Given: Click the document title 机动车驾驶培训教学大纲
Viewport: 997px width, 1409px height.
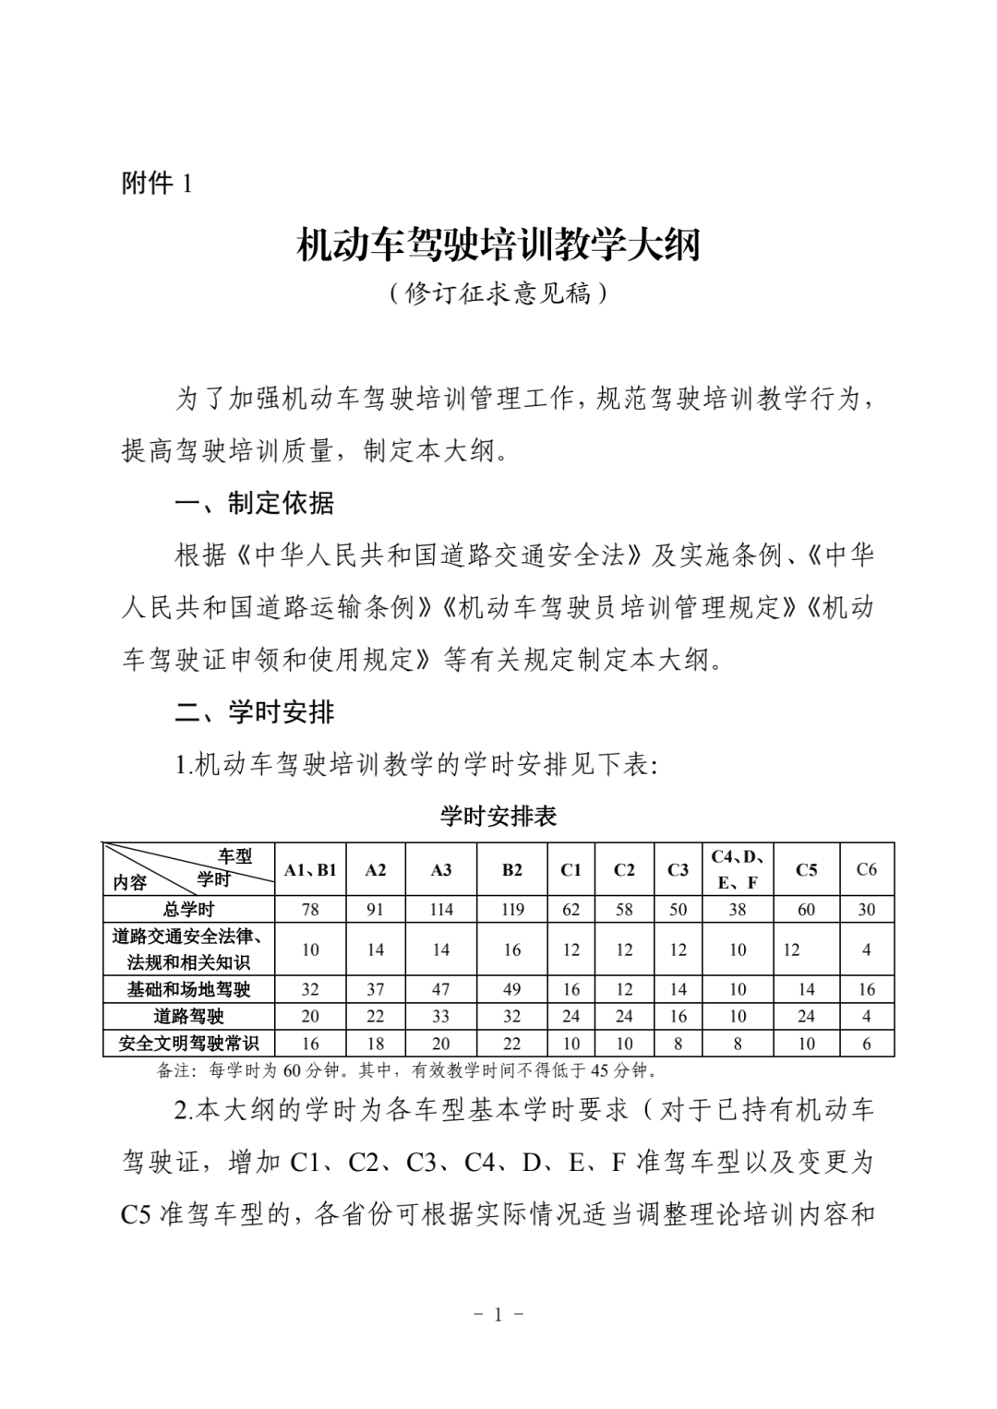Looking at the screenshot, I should (498, 245).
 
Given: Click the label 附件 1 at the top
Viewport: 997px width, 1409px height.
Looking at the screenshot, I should (157, 184).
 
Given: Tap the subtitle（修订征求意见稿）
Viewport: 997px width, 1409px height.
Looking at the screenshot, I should (498, 293).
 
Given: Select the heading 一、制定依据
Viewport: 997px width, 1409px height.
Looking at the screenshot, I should (255, 504).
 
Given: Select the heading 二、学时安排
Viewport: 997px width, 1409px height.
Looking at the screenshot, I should (255, 712).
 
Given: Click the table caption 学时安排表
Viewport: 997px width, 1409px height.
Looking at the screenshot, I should (498, 817).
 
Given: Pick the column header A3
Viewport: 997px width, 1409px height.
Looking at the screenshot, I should (441, 869).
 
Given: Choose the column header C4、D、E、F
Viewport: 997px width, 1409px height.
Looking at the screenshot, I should (738, 869).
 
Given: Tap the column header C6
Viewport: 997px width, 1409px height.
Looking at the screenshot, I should (866, 869).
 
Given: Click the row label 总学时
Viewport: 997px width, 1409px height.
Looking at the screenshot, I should (188, 909).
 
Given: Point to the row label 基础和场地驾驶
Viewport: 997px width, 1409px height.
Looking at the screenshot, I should (188, 989).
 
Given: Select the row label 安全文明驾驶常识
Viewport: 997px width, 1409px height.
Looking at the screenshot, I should (188, 1044).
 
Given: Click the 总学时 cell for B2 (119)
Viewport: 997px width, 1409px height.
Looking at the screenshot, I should (512, 909).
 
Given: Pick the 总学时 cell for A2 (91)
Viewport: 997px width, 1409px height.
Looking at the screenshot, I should (375, 909).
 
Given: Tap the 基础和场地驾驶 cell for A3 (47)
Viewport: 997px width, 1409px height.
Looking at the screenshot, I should (441, 989).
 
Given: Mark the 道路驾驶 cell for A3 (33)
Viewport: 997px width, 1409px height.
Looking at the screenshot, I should (441, 1016).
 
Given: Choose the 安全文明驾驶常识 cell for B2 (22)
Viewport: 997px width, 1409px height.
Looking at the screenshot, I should (512, 1044).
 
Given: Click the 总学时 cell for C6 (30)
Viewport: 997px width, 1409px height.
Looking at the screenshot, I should (866, 909).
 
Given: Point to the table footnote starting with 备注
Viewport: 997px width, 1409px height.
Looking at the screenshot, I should (406, 1071).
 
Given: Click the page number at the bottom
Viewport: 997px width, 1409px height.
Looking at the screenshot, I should (498, 1314).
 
